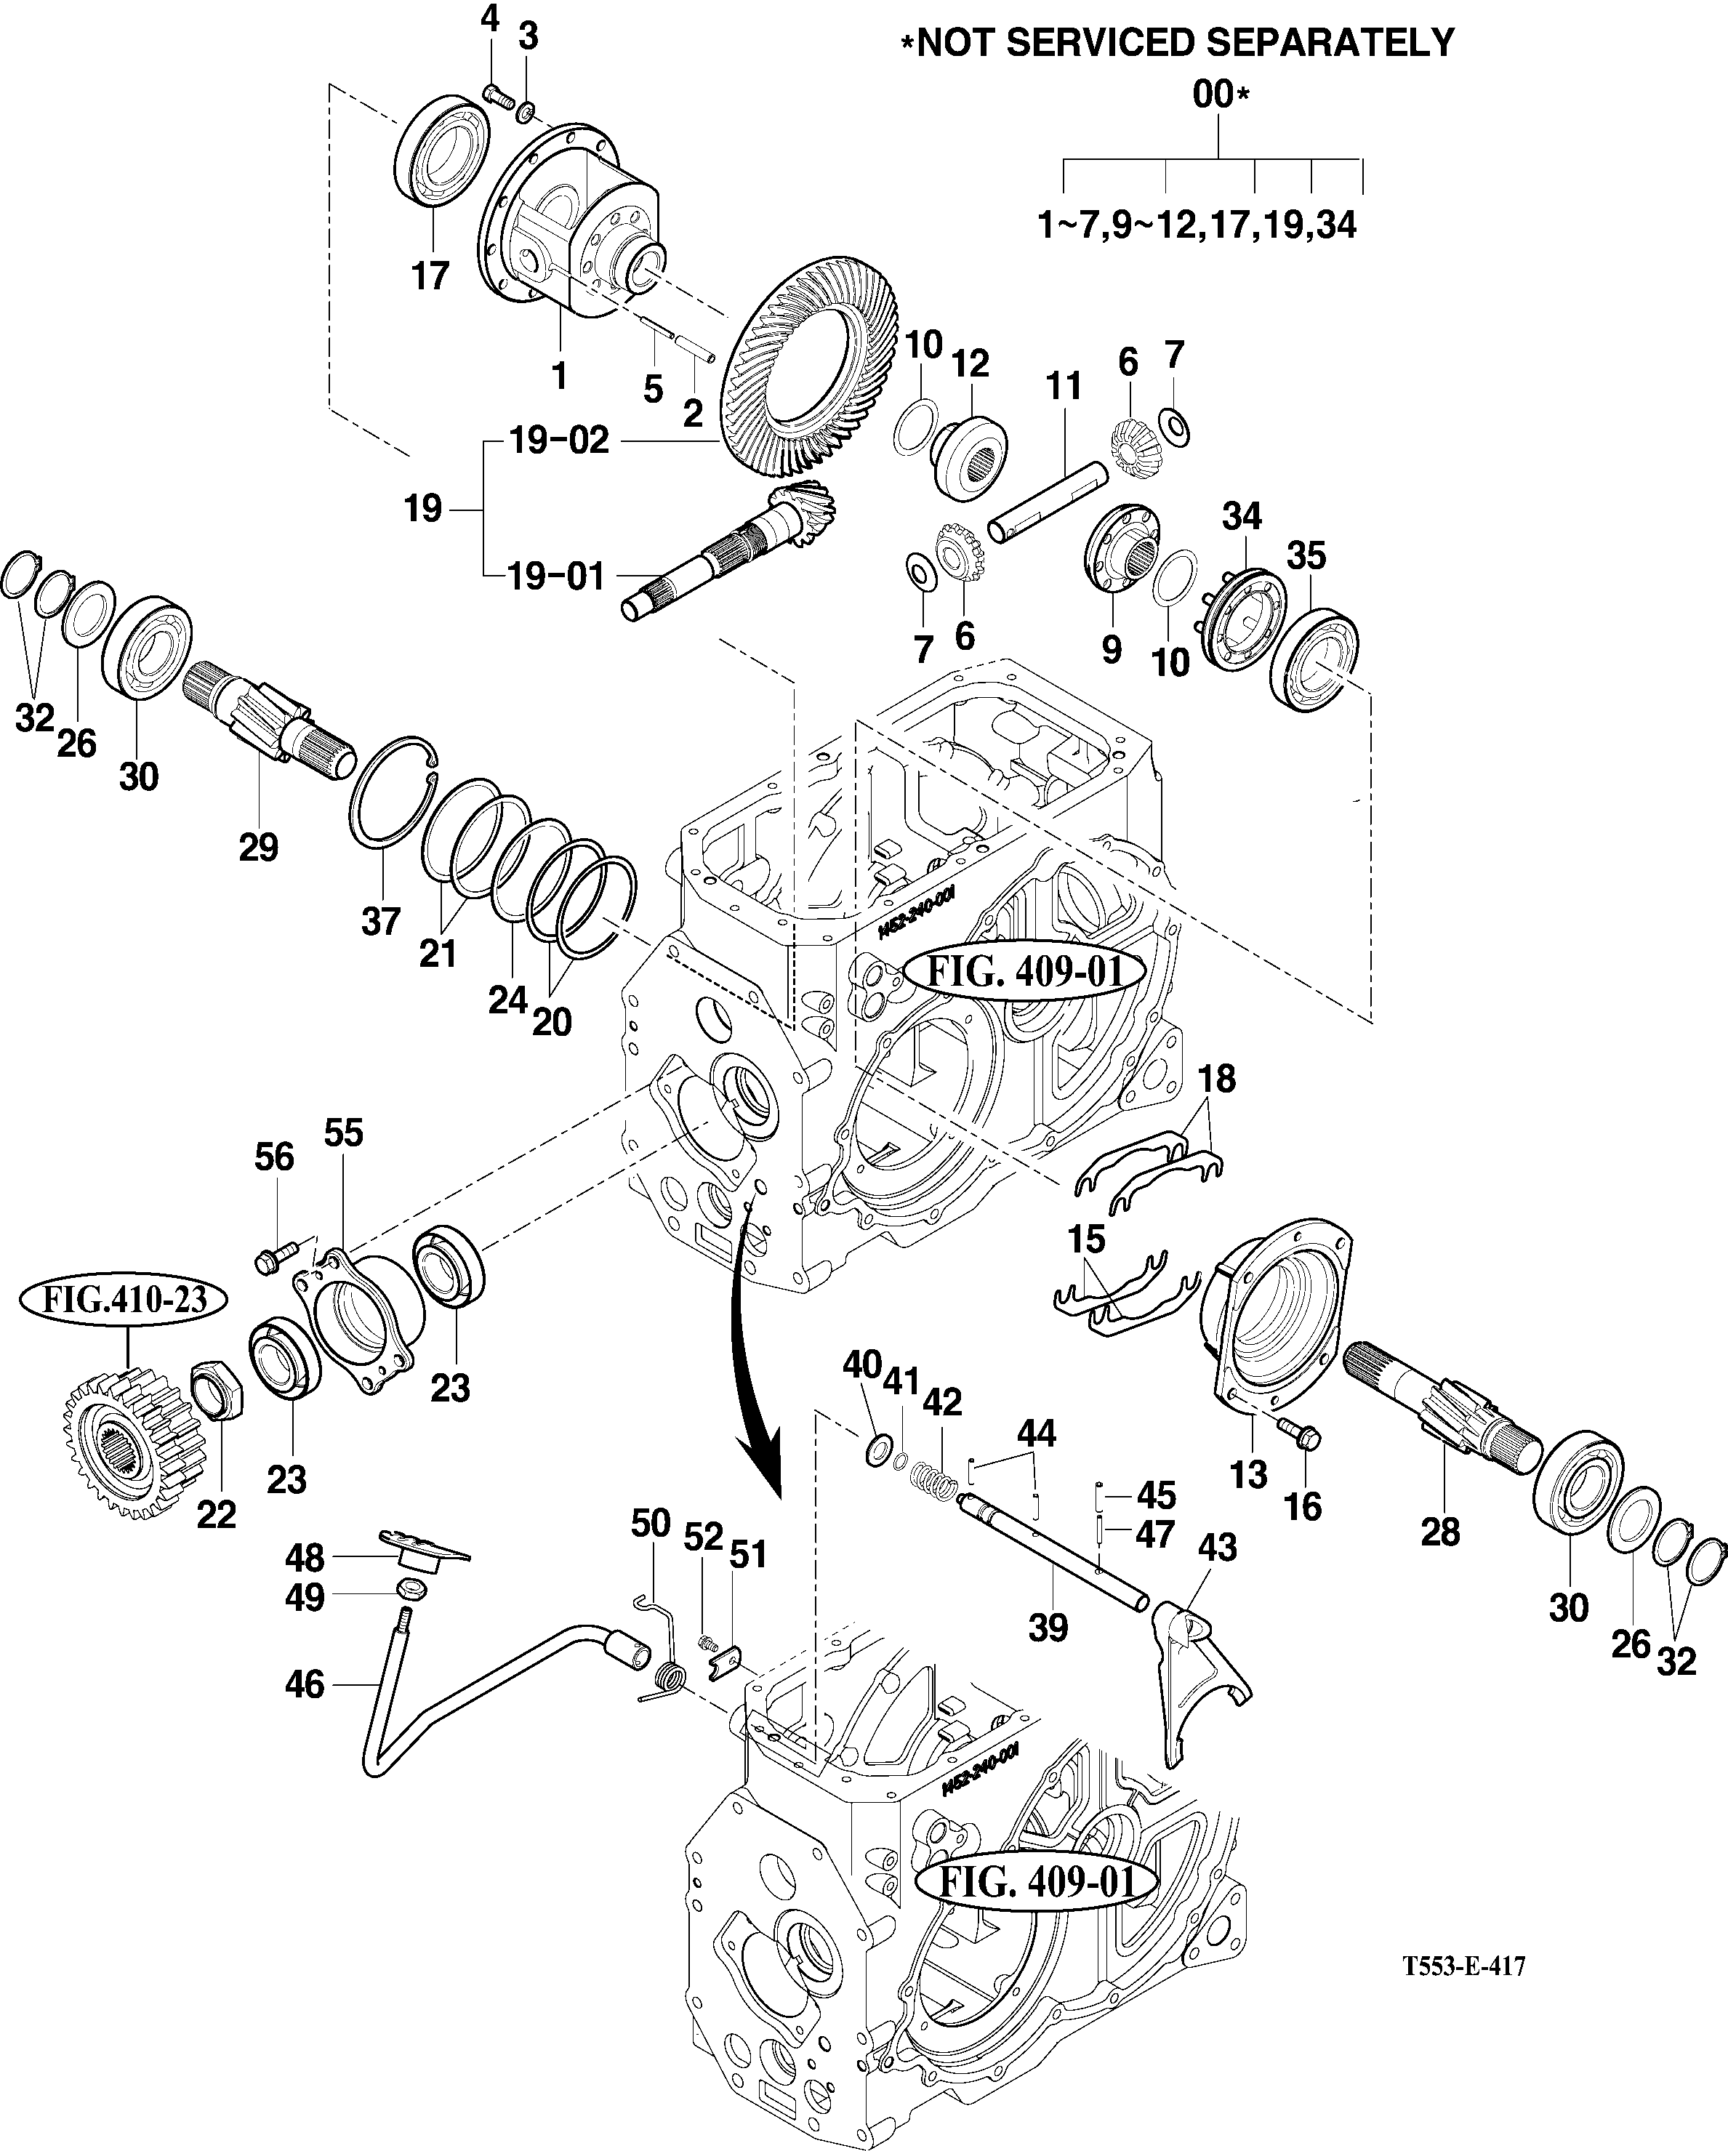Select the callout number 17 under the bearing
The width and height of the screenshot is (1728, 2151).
(x=431, y=276)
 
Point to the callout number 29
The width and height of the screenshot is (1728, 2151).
(x=258, y=847)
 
